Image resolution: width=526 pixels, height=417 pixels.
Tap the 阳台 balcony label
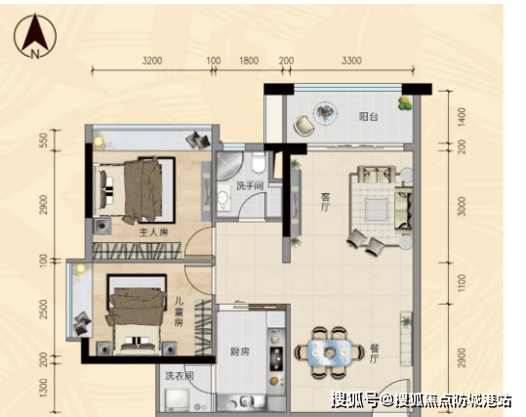(368, 117)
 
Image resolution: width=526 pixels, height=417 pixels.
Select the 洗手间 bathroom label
(250, 186)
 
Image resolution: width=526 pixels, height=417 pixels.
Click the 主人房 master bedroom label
(153, 232)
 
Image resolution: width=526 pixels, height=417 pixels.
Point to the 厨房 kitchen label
(240, 352)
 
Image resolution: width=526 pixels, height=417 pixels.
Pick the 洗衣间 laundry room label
(180, 376)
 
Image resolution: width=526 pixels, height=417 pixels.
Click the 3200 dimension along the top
(152, 61)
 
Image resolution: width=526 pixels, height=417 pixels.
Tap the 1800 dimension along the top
(249, 61)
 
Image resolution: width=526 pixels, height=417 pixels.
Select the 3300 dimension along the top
(351, 61)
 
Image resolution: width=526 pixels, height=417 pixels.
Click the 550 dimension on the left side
(44, 140)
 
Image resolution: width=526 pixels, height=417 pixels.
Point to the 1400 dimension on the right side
(462, 117)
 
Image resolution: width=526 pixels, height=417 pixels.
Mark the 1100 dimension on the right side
(462, 283)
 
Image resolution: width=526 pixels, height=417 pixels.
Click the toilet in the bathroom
(259, 162)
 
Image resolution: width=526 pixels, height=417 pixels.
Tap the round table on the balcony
(325, 113)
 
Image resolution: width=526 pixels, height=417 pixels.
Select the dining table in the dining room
(330, 353)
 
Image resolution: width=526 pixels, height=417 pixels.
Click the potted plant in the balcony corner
(405, 104)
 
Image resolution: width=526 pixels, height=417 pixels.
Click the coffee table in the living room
(377, 209)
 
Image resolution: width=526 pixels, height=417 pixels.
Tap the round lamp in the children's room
(80, 269)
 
